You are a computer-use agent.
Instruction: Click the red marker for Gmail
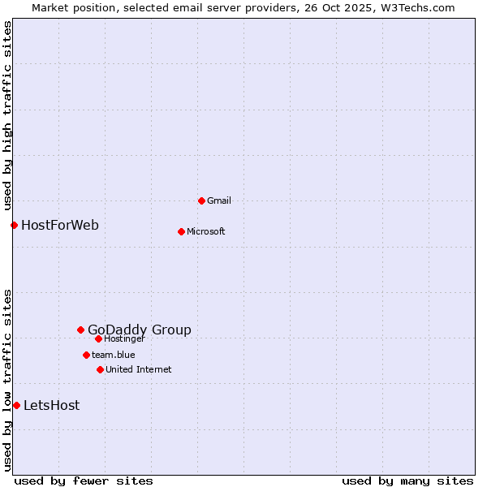point(201,200)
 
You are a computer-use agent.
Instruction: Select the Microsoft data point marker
point(181,231)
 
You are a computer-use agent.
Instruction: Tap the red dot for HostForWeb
point(14,225)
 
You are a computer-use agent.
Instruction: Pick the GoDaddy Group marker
point(80,330)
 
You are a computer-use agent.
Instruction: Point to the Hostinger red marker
point(98,338)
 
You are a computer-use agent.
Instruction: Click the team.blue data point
point(86,355)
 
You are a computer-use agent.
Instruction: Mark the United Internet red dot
point(100,369)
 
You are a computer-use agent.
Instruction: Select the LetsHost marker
point(16,405)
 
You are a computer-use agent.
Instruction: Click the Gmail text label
point(219,200)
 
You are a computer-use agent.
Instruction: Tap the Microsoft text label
point(206,231)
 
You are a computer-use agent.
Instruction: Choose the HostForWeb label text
point(60,225)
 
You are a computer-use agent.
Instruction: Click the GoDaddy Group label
point(140,330)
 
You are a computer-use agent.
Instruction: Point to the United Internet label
point(139,369)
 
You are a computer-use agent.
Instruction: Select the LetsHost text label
point(52,405)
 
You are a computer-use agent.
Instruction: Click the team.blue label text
point(114,355)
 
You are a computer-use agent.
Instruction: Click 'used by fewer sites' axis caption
point(84,481)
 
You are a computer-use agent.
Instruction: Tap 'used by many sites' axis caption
point(407,481)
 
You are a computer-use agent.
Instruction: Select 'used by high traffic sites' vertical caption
point(7,114)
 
